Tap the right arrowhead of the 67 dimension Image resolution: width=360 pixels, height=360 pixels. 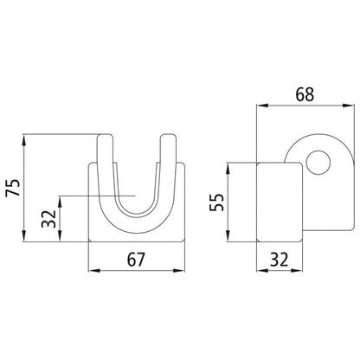pyautogui.click(x=181, y=270)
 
